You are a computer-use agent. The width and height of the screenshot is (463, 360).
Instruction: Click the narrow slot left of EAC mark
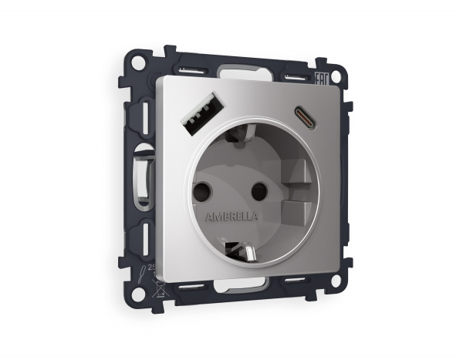pos(296,76)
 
